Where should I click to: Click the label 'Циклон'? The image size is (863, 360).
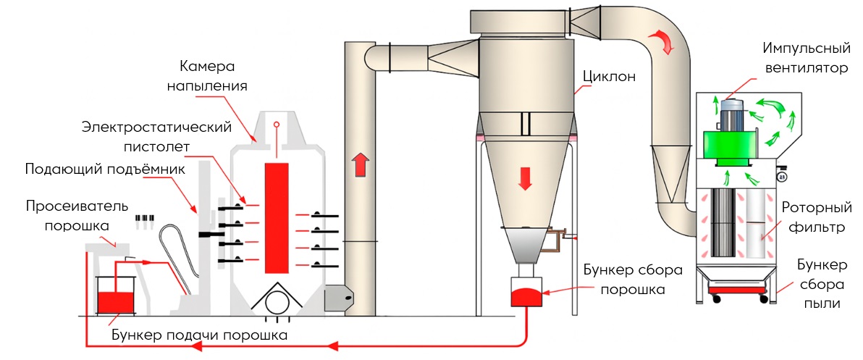[x=610, y=75]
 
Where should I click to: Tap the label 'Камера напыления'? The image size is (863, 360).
[x=208, y=75]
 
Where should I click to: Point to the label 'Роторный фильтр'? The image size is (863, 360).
[x=814, y=217]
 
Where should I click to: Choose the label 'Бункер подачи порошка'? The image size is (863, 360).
[x=200, y=335]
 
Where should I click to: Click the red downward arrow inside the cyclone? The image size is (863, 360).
[x=526, y=176]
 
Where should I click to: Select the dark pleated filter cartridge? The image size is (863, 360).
[x=725, y=223]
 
